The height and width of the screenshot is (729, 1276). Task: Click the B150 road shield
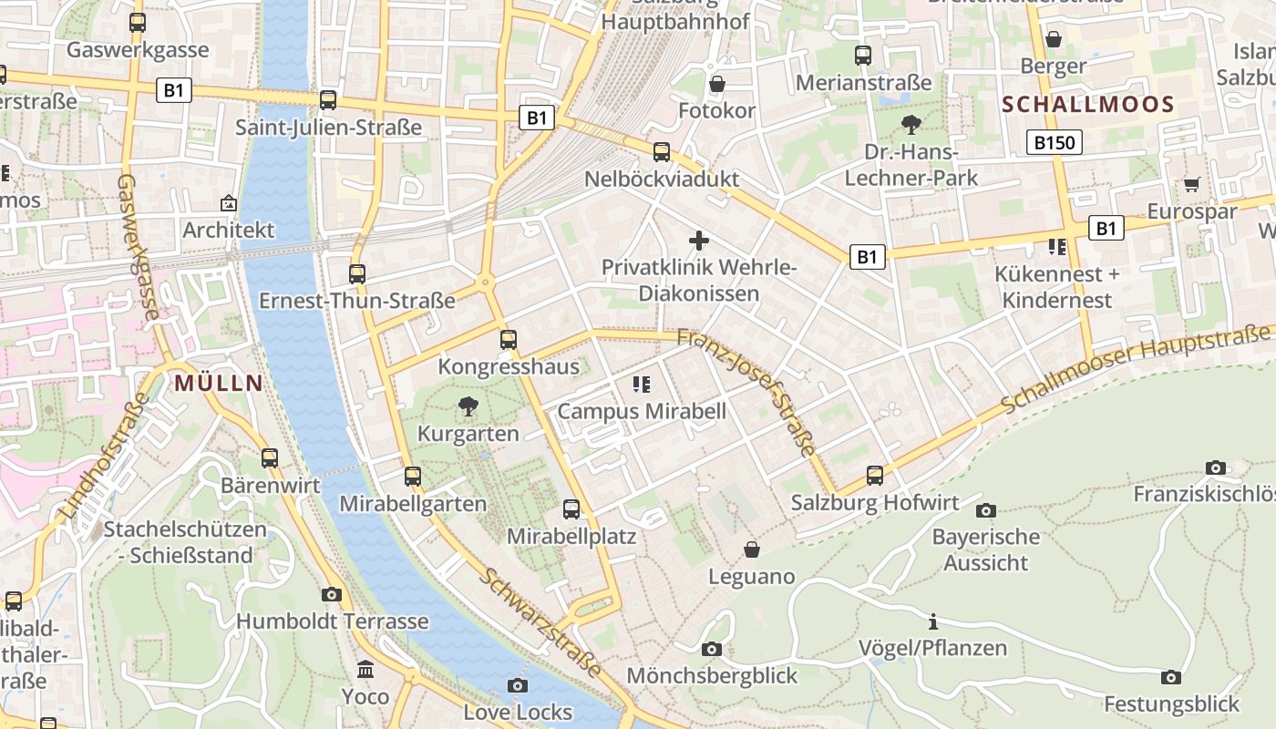click(1055, 142)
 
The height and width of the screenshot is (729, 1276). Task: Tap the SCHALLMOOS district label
click(1088, 104)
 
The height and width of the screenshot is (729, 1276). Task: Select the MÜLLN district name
click(219, 383)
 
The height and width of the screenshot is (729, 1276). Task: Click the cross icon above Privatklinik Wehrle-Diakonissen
click(699, 241)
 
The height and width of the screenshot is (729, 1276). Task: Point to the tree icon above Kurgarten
click(468, 406)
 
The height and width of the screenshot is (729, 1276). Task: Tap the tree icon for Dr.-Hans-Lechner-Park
click(911, 125)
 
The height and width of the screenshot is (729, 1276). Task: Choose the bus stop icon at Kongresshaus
click(509, 340)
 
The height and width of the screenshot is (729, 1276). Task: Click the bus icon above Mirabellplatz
click(571, 509)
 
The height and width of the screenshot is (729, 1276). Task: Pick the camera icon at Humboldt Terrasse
click(332, 595)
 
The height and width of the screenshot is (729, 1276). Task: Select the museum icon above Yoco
click(365, 670)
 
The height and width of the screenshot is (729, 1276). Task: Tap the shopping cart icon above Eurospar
click(1191, 184)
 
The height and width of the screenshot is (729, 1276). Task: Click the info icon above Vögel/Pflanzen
click(932, 622)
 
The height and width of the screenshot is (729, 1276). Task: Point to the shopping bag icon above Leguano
click(752, 549)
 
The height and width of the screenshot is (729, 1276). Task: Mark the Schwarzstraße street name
click(541, 623)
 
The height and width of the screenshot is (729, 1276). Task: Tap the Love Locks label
click(518, 712)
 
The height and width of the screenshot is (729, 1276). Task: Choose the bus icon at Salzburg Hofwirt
click(875, 475)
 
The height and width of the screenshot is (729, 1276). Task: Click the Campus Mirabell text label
click(642, 411)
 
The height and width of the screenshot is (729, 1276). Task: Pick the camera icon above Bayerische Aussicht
click(985, 510)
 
